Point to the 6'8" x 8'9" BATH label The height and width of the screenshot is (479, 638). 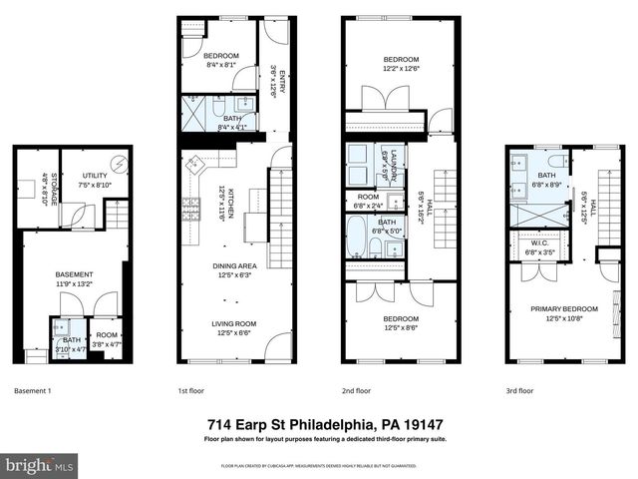click(x=547, y=180)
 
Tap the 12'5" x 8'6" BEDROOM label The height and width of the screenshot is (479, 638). click(x=402, y=322)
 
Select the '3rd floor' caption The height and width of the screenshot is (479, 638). click(x=519, y=391)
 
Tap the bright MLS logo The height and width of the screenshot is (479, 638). click(x=39, y=466)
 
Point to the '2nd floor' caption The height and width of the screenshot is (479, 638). click(x=356, y=391)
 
